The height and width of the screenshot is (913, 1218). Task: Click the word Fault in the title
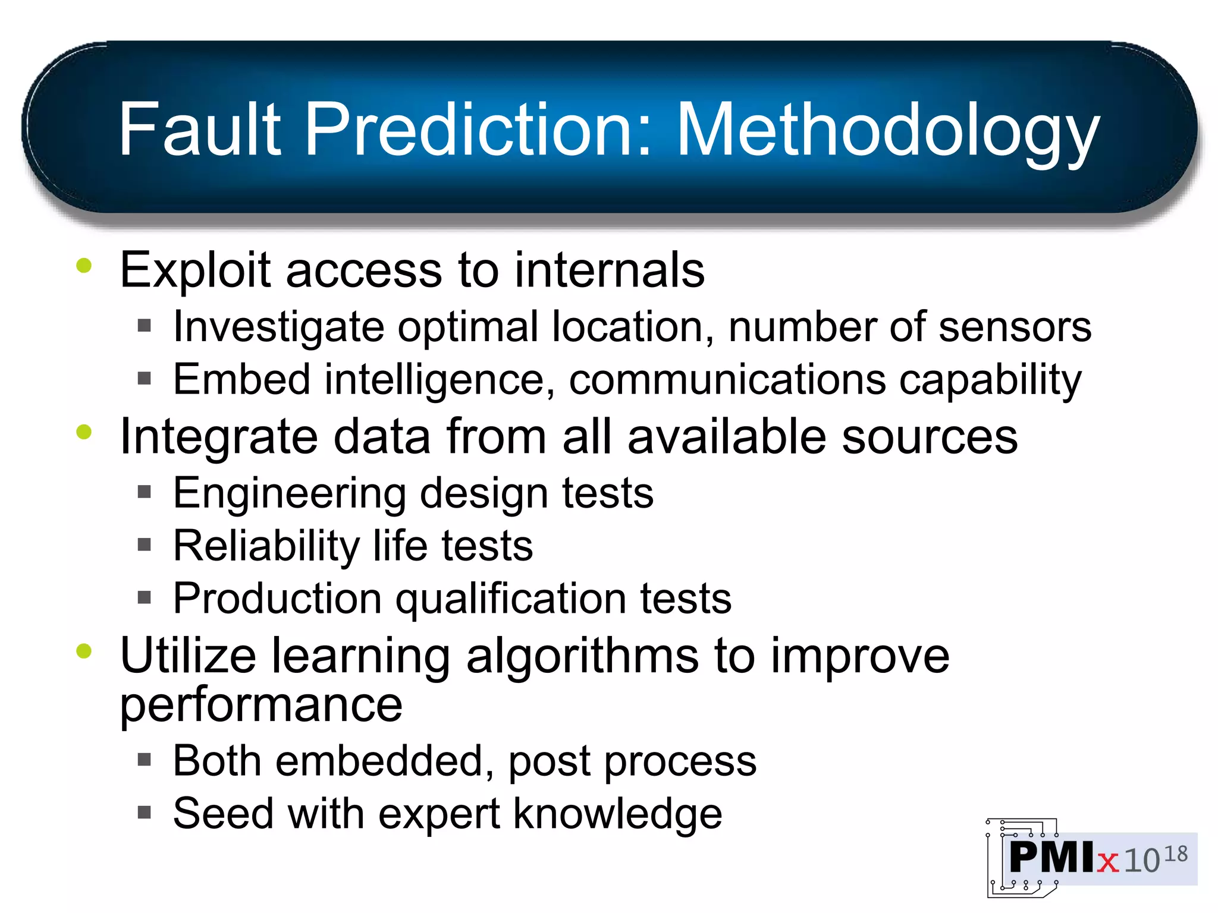pyautogui.click(x=199, y=129)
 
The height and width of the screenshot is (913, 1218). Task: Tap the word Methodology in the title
pyautogui.click(x=887, y=131)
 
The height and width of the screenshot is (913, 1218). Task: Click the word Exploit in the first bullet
pyautogui.click(x=196, y=271)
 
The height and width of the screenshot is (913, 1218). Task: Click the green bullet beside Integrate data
pyautogui.click(x=84, y=432)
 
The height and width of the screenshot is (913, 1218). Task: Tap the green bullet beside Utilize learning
pyautogui.click(x=84, y=651)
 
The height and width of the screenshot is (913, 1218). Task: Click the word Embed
pyautogui.click(x=241, y=379)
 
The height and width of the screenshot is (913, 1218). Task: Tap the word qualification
pyautogui.click(x=511, y=599)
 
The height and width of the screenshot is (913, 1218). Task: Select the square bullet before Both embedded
pyautogui.click(x=145, y=760)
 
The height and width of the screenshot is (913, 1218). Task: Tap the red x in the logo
pyautogui.click(x=1107, y=861)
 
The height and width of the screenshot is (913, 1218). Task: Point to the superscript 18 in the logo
pyautogui.click(x=1175, y=854)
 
